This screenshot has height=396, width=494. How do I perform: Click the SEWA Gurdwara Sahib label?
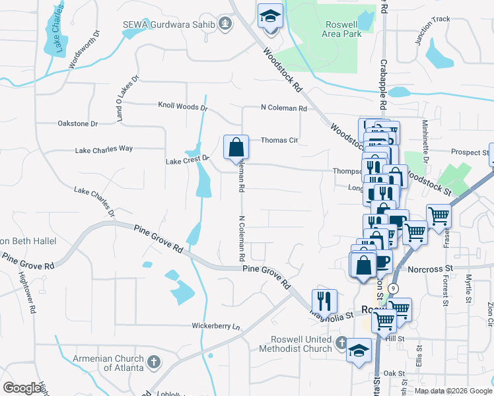point(169,25)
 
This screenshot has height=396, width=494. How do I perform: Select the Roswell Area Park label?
point(341,28)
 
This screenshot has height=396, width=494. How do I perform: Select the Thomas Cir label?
point(279,140)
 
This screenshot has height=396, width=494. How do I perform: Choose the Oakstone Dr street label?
point(77,123)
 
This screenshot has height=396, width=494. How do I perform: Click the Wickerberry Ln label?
point(216,326)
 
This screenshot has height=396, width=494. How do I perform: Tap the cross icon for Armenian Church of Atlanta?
point(153,362)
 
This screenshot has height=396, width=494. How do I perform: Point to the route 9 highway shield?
point(393,288)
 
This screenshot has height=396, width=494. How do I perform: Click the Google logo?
point(22,388)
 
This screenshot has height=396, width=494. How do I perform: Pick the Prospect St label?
point(469,152)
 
